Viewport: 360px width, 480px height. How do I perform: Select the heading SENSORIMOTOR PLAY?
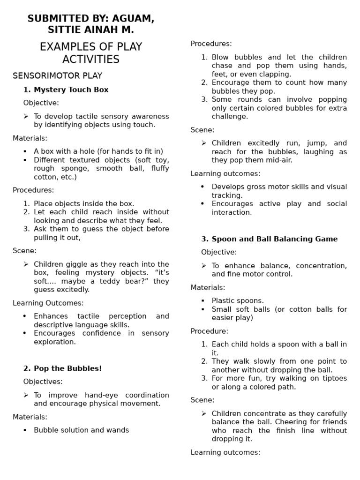57,75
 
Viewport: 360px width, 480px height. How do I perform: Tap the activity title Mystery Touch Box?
71,90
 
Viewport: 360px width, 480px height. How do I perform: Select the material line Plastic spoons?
238,300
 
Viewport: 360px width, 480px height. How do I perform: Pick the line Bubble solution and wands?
81,430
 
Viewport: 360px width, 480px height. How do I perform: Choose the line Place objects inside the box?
84,203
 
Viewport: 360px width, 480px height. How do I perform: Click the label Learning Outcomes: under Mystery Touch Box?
48,303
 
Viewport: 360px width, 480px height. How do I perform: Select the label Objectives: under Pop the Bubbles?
43,382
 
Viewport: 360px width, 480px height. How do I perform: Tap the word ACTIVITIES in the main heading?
91,60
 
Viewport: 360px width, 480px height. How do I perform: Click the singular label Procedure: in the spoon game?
209,331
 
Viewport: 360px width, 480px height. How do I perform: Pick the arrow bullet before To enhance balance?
204,266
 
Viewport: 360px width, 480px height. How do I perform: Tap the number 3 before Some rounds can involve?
204,99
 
